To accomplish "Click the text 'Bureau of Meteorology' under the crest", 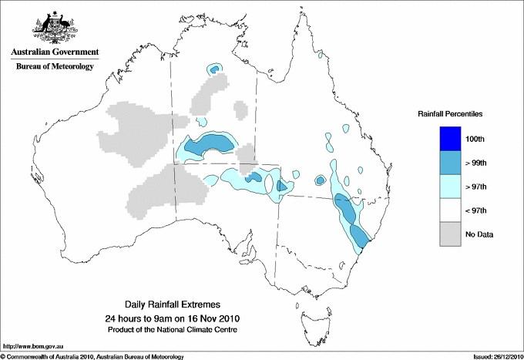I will pyautogui.click(x=55, y=67).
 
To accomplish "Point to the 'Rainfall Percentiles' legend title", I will pyautogui.click(x=450, y=114).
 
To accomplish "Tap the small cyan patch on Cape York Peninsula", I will pyautogui.click(x=318, y=55).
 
